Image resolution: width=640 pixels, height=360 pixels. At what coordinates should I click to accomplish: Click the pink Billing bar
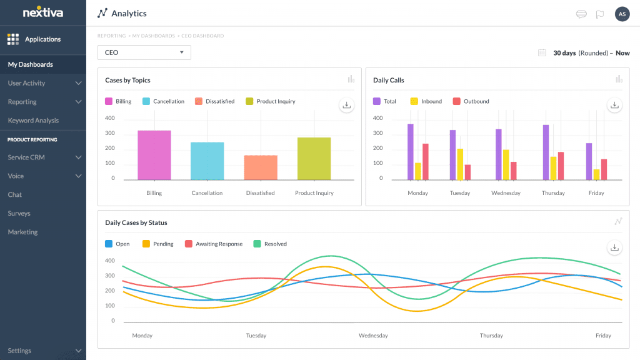pyautogui.click(x=154, y=155)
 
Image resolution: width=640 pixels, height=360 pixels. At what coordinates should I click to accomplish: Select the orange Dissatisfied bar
pyautogui.click(x=261, y=167)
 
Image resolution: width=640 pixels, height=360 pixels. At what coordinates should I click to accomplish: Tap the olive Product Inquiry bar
pyautogui.click(x=314, y=159)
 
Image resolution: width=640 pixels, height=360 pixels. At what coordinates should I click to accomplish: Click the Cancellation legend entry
pyautogui.click(x=163, y=101)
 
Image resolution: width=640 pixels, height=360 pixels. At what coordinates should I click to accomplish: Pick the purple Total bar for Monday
pyautogui.click(x=411, y=152)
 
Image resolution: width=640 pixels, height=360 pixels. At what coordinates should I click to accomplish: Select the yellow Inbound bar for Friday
pyautogui.click(x=596, y=174)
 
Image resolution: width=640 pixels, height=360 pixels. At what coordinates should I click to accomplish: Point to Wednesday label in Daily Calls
pyautogui.click(x=506, y=193)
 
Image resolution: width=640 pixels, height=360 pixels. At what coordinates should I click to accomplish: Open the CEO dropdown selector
pyautogui.click(x=144, y=52)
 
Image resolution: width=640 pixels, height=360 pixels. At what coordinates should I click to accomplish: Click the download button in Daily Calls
pyautogui.click(x=614, y=105)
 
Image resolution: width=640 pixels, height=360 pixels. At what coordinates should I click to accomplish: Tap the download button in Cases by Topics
pyautogui.click(x=346, y=105)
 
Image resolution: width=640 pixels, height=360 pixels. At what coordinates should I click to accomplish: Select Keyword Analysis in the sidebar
pyautogui.click(x=33, y=121)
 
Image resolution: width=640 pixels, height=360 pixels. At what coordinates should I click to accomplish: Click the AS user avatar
pyautogui.click(x=622, y=14)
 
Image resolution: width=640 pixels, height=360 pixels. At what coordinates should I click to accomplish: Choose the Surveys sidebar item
pyautogui.click(x=19, y=214)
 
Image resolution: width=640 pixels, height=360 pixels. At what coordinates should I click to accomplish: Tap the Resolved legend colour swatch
pyautogui.click(x=257, y=244)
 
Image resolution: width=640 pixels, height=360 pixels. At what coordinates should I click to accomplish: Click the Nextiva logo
pyautogui.click(x=42, y=12)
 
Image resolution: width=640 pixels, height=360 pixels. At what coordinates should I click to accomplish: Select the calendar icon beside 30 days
pyautogui.click(x=542, y=53)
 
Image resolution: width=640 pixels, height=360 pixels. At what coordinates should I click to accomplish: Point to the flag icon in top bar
pyautogui.click(x=599, y=14)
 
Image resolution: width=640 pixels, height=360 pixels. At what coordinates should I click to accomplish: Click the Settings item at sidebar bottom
pyautogui.click(x=19, y=351)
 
